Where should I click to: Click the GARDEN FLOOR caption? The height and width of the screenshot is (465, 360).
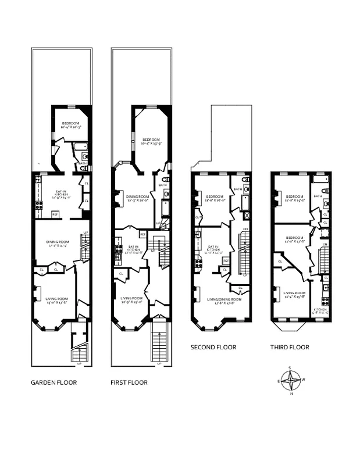tap(54, 382)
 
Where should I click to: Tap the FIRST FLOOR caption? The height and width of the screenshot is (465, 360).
tap(129, 382)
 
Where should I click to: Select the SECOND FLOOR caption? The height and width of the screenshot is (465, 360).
tap(213, 347)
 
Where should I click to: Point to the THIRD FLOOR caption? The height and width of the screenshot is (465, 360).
tap(290, 347)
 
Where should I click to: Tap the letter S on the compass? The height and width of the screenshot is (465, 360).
tap(291, 369)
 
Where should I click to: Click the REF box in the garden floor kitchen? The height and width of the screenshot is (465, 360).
tap(55, 214)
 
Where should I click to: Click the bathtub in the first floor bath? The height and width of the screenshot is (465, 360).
tap(165, 208)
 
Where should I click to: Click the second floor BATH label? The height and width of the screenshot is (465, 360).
tap(237, 189)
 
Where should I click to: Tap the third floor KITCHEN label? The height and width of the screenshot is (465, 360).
tap(320, 309)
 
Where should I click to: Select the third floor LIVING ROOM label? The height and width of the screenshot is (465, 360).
tap(296, 293)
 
